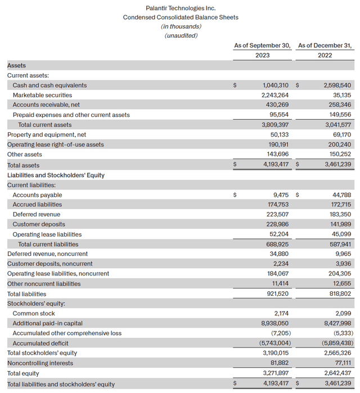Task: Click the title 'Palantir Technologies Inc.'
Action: (x=181, y=8)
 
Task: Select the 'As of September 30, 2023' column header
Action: (x=262, y=50)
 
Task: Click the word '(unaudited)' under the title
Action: (x=181, y=35)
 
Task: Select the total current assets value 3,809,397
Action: (x=276, y=125)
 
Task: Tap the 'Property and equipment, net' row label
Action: (x=40, y=135)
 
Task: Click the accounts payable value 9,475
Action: (x=281, y=195)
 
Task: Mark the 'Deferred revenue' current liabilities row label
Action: (x=37, y=214)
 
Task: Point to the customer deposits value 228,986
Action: (x=277, y=224)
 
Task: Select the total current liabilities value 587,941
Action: (x=339, y=245)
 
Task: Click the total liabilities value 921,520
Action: (x=277, y=294)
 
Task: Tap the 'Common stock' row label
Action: (x=34, y=314)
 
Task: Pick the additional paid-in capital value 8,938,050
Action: (x=276, y=323)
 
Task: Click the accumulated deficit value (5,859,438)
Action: (x=336, y=344)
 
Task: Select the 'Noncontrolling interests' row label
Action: (x=40, y=363)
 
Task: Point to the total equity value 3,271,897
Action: (x=276, y=373)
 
